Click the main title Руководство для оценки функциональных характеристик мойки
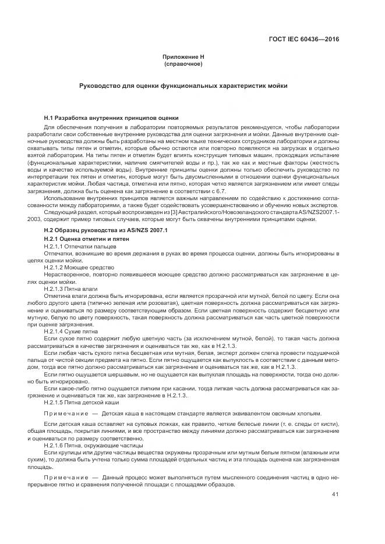pyautogui.click(x=183, y=86)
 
